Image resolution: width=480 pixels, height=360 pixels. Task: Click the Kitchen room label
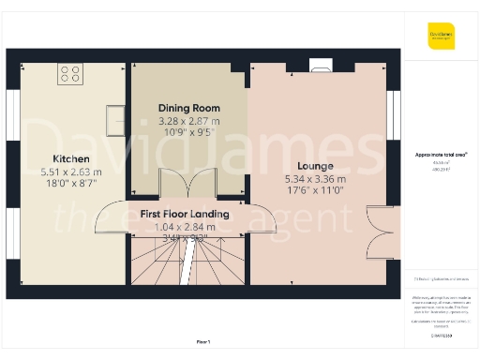tap(71, 158)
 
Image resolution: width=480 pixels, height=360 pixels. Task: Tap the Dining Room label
tap(189, 108)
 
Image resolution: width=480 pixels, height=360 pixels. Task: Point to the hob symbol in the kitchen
tap(70, 73)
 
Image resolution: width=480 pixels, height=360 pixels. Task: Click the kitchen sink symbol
tap(116, 118)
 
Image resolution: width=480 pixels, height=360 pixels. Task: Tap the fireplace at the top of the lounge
tap(320, 66)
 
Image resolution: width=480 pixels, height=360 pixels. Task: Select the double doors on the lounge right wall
tap(379, 232)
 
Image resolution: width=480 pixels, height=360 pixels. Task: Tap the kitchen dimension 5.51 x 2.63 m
tap(71, 172)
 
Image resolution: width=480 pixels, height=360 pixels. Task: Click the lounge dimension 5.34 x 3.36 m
tap(315, 178)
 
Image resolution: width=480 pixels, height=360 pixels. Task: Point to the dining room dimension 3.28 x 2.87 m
tap(189, 121)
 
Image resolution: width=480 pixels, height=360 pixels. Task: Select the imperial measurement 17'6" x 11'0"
tap(315, 190)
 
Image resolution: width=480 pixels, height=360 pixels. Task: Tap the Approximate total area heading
tap(441, 154)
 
